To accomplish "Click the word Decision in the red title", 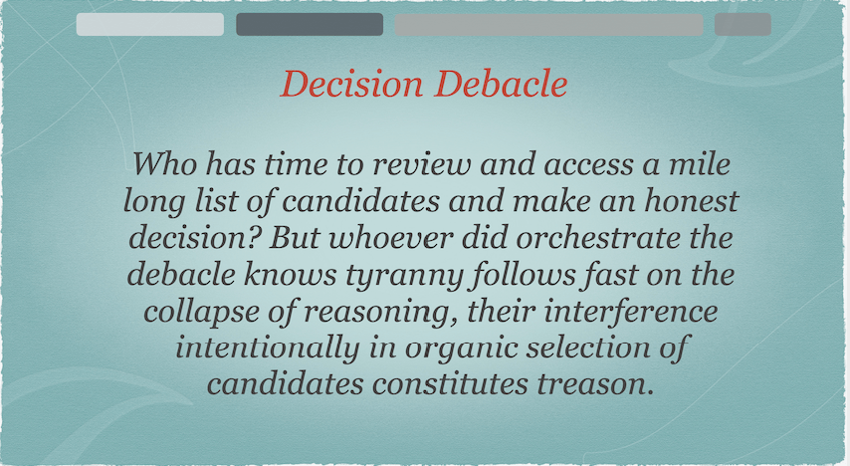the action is pos(351,84).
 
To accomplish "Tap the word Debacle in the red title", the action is pos(502,84).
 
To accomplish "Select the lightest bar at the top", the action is pos(149,25).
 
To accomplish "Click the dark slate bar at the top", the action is pos(310,25).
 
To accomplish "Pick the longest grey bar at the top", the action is pos(548,25).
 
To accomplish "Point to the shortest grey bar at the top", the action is pos(743,25).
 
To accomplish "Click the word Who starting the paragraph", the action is pos(165,164).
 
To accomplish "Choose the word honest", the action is pos(691,201).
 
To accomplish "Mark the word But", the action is pos(294,238).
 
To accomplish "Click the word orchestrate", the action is pos(597,238).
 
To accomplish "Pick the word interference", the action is pos(631,312).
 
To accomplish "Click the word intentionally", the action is pos(268,349).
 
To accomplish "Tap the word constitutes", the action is pos(450,384).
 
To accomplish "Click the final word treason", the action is pos(593,384).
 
